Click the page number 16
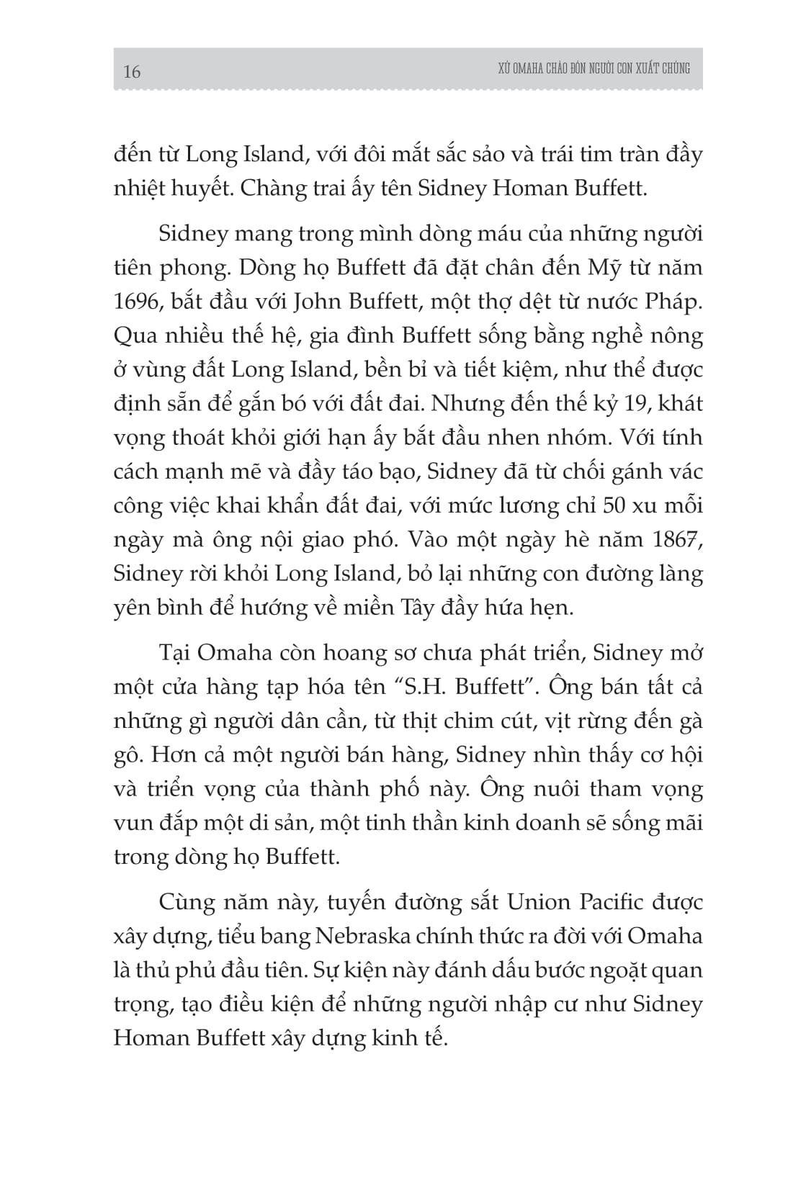(x=132, y=71)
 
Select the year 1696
(x=138, y=302)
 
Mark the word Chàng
(x=272, y=189)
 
